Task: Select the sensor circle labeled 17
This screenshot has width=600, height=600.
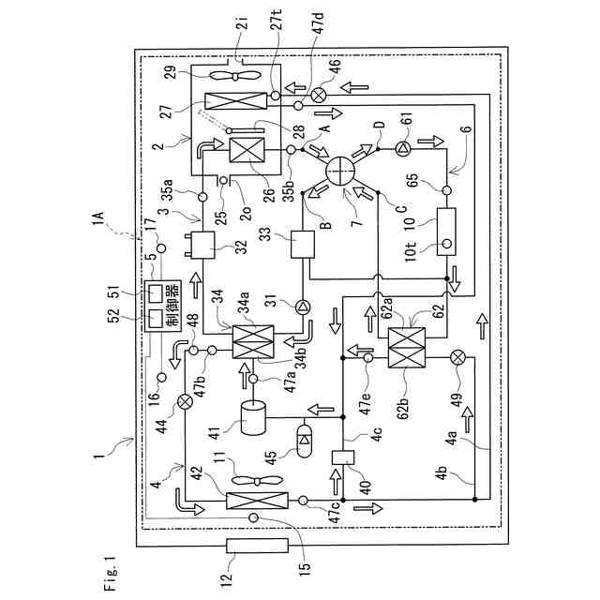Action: (161, 248)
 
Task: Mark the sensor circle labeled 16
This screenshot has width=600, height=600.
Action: (162, 378)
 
